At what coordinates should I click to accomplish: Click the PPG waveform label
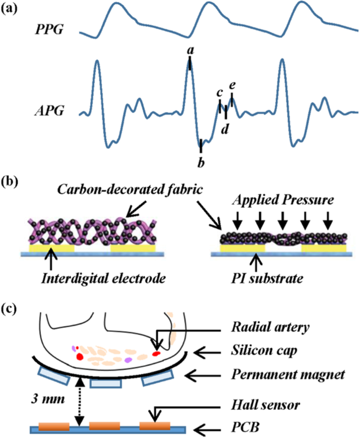(x=49, y=29)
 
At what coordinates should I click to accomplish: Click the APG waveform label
(x=49, y=111)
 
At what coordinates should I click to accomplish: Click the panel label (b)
(x=10, y=182)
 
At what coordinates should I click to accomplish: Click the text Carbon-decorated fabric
(x=130, y=189)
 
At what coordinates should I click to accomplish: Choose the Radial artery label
(x=270, y=327)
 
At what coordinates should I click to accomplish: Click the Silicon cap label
(x=264, y=351)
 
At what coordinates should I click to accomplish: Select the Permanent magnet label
(x=288, y=374)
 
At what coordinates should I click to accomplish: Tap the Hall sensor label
(x=265, y=405)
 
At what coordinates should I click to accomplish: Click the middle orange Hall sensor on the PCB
(x=102, y=426)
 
